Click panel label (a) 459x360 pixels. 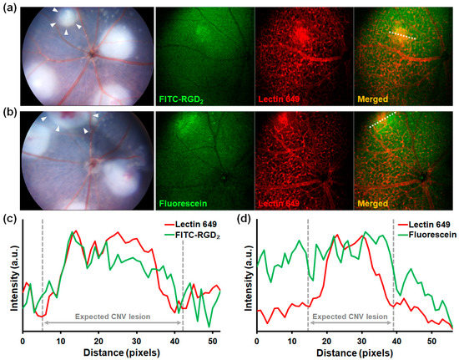click(x=8, y=7)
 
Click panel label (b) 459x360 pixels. click(x=8, y=114)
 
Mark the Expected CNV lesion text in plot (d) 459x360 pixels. click(x=347, y=317)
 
